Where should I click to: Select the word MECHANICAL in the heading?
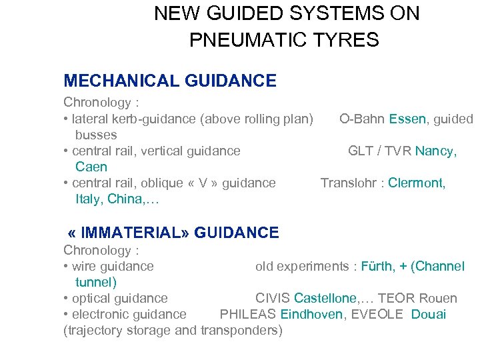[114, 81]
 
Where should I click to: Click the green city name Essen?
[408, 119]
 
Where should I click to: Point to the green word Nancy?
[436, 151]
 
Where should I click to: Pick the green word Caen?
[91, 167]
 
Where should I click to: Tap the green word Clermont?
[417, 183]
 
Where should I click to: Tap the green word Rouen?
[439, 299]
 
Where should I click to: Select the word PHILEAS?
[248, 315]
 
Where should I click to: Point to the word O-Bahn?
[361, 119]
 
